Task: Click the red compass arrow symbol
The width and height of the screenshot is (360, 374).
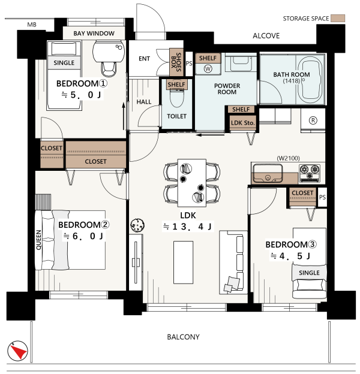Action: point(19,351)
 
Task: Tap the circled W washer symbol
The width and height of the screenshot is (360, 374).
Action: point(208,69)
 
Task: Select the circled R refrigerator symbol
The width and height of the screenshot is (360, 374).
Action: point(313,120)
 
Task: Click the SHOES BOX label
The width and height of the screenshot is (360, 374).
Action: point(176,62)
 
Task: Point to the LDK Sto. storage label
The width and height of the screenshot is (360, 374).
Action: point(243,123)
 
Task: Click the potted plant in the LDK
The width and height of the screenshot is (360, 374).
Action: point(137,225)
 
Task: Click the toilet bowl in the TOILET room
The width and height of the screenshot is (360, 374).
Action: point(177,98)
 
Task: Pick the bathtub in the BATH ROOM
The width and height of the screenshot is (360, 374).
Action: point(310,80)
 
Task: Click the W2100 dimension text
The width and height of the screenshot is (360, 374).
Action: point(288,158)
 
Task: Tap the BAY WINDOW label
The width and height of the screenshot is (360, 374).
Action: point(94,34)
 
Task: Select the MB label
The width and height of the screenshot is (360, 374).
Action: point(32,25)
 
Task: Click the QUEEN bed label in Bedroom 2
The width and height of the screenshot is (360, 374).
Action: point(38,240)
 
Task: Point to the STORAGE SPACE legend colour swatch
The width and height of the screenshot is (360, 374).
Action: point(338,19)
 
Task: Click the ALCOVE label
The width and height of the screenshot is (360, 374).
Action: point(266,36)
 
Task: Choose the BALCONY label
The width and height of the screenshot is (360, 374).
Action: point(183,337)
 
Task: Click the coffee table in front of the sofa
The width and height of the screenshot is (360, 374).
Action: point(184,262)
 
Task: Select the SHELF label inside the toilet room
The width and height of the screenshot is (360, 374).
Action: point(176,85)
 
